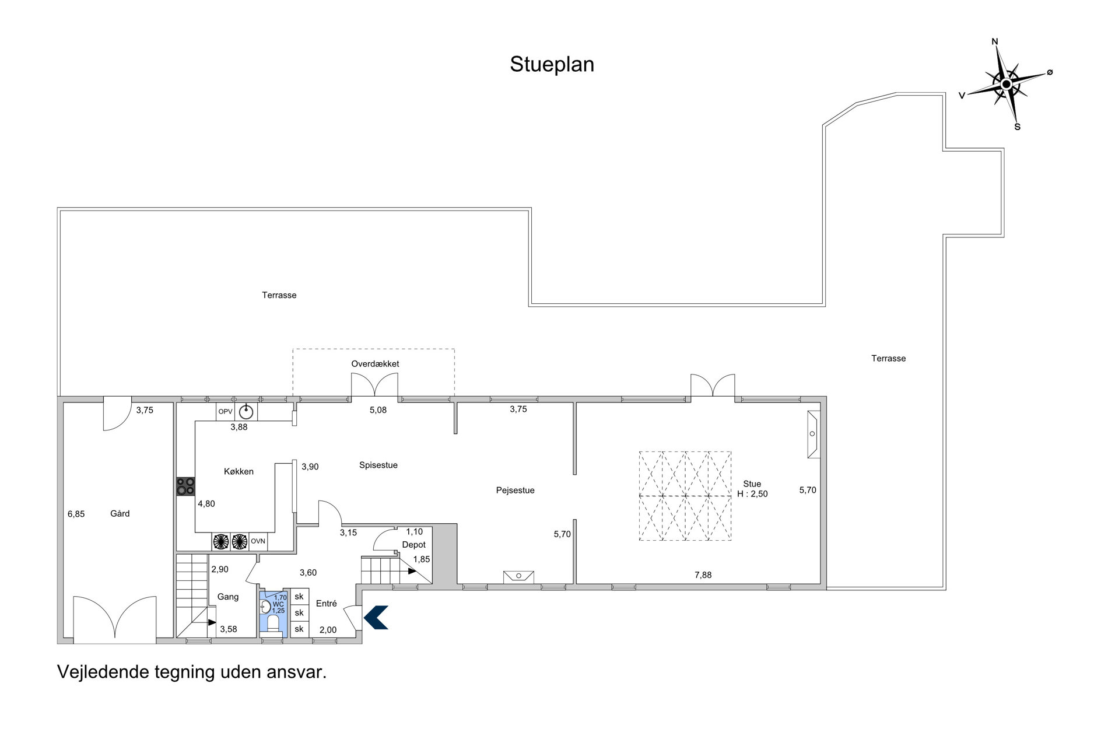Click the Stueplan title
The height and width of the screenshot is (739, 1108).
552,65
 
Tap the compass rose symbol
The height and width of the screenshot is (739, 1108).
1006,85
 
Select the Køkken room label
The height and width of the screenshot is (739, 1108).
239,471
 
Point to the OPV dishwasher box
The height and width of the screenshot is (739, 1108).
225,412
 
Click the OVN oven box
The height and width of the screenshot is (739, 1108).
258,541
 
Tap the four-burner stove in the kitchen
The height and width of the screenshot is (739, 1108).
186,486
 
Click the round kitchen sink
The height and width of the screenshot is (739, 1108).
247,412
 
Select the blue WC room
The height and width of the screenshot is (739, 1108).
271,614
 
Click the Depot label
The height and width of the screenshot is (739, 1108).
414,545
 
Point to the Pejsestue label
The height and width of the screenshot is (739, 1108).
515,491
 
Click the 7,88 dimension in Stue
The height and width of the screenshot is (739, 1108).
703,575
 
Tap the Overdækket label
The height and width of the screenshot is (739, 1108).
375,364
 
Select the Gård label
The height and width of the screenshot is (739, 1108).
120,514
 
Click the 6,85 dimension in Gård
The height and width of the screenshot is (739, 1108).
76,514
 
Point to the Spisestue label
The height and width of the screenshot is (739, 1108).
378,465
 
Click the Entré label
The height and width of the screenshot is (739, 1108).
327,604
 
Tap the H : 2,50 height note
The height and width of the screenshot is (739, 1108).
752,494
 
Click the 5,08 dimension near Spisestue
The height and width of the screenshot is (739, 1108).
378,410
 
